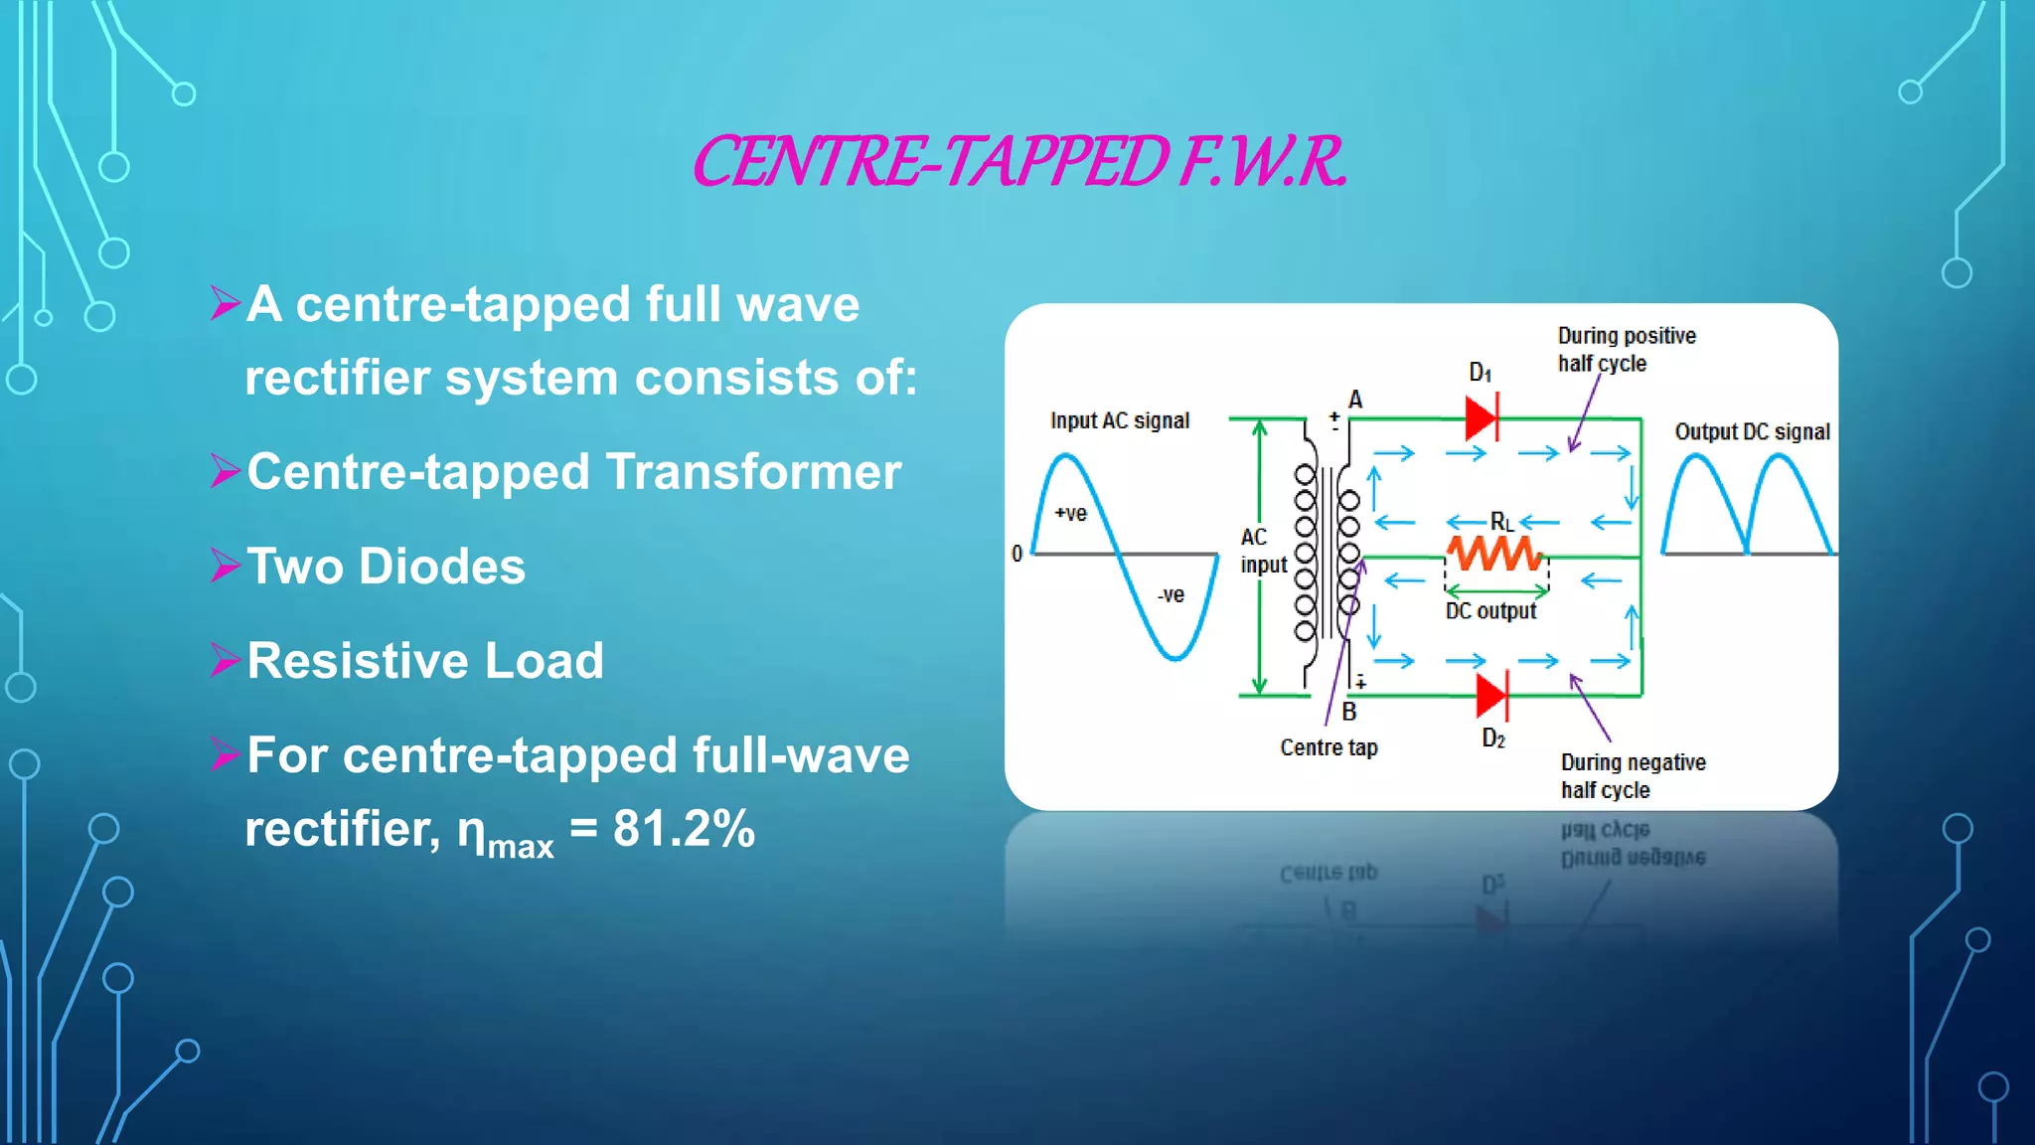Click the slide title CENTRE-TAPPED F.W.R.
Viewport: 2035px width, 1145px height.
click(x=1018, y=162)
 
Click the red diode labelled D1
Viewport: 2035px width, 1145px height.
click(x=1482, y=418)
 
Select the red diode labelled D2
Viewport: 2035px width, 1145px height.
click(x=1491, y=696)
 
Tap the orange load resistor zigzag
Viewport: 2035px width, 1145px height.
click(x=1493, y=553)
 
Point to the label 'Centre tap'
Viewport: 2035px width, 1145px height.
click(x=1329, y=747)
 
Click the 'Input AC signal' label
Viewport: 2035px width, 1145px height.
click(x=1119, y=420)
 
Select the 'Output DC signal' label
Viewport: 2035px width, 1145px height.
click(x=1752, y=431)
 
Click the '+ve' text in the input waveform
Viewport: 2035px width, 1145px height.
click(x=1071, y=514)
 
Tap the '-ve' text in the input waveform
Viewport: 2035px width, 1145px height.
click(x=1171, y=595)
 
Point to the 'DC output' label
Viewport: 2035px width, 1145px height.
click(x=1490, y=611)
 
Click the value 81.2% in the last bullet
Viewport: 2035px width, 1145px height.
click(x=684, y=828)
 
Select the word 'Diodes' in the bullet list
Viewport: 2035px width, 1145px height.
click(x=441, y=567)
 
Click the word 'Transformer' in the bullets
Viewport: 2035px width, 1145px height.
click(x=753, y=472)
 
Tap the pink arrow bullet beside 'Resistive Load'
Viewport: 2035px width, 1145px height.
click(x=226, y=660)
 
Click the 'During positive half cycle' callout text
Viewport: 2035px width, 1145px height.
click(x=1626, y=349)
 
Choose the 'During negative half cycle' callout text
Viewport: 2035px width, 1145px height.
click(x=1633, y=776)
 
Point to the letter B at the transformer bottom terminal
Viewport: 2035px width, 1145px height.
click(x=1348, y=712)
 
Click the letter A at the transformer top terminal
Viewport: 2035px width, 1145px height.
click(x=1355, y=400)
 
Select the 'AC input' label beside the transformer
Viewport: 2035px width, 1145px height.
click(x=1262, y=551)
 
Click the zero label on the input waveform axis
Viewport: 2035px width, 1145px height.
click(x=1017, y=554)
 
